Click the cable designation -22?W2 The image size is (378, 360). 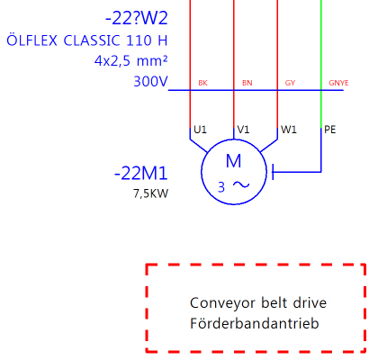pyautogui.click(x=137, y=18)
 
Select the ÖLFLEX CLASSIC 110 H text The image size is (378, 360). pyautogui.click(x=87, y=40)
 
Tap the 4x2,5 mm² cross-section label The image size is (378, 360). pyautogui.click(x=130, y=61)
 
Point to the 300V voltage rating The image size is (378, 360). pyautogui.click(x=150, y=81)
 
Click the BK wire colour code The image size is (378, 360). pyautogui.click(x=202, y=83)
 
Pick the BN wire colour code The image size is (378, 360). pyautogui.click(x=247, y=83)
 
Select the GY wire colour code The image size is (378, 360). pyautogui.click(x=290, y=83)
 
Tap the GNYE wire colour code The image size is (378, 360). pyautogui.click(x=338, y=83)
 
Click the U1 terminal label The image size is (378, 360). pyautogui.click(x=200, y=130)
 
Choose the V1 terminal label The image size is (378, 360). pyautogui.click(x=243, y=130)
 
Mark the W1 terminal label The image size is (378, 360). pyautogui.click(x=289, y=130)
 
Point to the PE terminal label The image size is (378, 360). pyautogui.click(x=330, y=130)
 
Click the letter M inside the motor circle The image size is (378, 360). pyautogui.click(x=233, y=161)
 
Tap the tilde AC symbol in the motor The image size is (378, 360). pyautogui.click(x=241, y=184)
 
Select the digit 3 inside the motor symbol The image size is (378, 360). pyautogui.click(x=221, y=187)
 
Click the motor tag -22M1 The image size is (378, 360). pyautogui.click(x=140, y=174)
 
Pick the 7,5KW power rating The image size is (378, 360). pyautogui.click(x=150, y=193)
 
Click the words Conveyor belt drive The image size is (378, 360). pyautogui.click(x=258, y=302)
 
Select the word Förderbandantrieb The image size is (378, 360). pyautogui.click(x=255, y=323)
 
